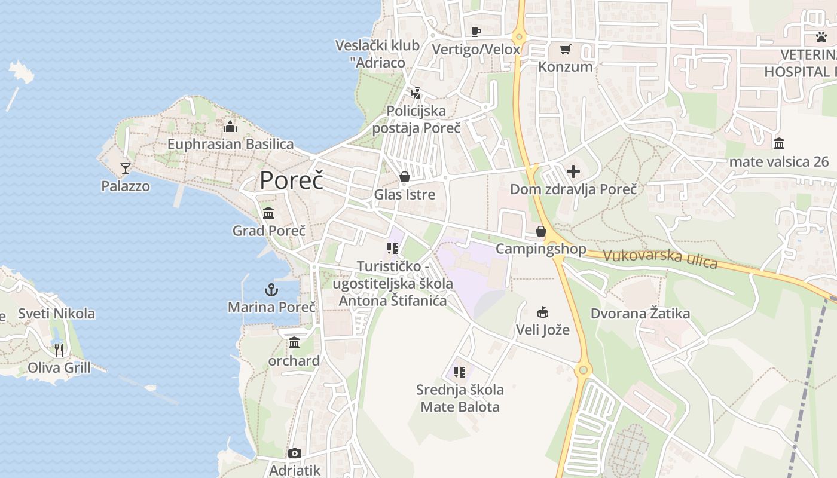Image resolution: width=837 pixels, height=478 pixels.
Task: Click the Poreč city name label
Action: [x=291, y=180]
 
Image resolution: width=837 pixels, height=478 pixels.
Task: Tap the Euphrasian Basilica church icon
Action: [x=230, y=126]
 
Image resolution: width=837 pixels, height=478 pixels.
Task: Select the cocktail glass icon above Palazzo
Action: [x=126, y=168]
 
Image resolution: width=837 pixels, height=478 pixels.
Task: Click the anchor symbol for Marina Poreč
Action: [x=271, y=290]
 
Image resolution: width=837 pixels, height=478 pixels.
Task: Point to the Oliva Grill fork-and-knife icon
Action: [x=59, y=350]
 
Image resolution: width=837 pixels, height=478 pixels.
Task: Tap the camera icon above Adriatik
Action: [x=294, y=453]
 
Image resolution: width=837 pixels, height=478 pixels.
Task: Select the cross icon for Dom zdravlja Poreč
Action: [x=573, y=172]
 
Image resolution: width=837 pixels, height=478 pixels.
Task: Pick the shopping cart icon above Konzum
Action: [x=565, y=49]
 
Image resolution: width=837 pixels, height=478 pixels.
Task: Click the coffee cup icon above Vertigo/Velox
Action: [x=476, y=32]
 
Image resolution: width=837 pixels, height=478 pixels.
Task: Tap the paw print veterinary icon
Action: [x=821, y=37]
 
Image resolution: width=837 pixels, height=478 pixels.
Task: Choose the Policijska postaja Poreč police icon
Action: [x=416, y=93]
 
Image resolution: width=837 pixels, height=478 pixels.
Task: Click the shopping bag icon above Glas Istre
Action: [x=405, y=177]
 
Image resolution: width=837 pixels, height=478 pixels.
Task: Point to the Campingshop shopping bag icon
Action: [x=541, y=231]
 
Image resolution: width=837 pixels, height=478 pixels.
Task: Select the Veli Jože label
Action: [x=543, y=329]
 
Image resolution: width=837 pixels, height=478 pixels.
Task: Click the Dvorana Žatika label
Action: [x=640, y=313]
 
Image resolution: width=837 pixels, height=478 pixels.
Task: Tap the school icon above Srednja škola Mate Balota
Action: [x=460, y=372]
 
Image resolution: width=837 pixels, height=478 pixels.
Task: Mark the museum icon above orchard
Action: [x=294, y=343]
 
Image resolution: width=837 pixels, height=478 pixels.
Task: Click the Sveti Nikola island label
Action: [x=56, y=313]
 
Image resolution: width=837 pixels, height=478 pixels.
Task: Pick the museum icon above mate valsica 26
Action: [x=779, y=143]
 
